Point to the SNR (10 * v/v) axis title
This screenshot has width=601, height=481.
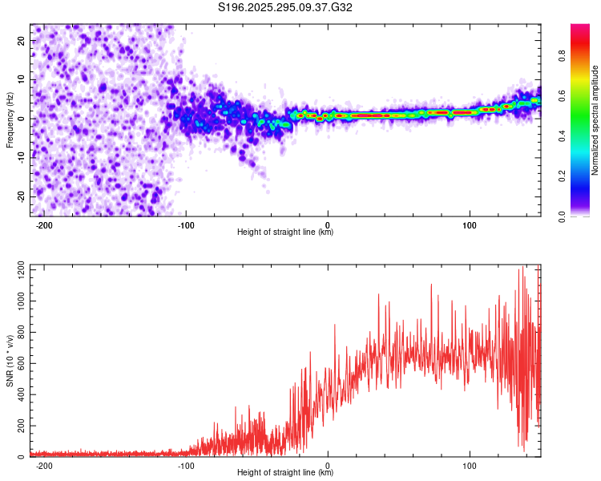(10, 360)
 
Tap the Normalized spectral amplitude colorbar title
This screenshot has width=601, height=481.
(595, 120)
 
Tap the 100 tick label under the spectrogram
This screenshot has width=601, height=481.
(469, 225)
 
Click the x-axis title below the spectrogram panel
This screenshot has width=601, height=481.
(285, 232)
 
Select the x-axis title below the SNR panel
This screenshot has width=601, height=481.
(285, 473)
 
